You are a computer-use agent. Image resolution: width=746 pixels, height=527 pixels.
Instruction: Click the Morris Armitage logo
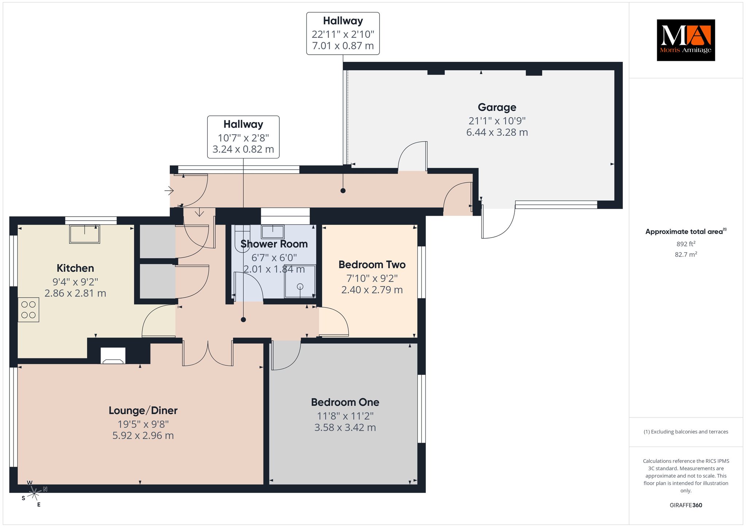coord(686,40)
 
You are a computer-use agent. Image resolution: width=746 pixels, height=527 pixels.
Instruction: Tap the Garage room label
coord(497,107)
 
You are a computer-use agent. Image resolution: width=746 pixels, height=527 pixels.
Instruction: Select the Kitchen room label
coord(75,268)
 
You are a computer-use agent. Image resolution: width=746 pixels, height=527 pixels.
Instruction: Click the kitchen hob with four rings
coord(28,310)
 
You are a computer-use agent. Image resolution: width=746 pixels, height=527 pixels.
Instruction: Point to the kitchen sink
coord(85,234)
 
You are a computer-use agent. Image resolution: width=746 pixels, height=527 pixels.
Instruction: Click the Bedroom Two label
coord(372,265)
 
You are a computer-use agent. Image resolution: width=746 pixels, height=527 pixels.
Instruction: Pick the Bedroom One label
coord(345,402)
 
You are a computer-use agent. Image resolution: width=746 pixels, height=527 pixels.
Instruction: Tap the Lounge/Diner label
coord(143,411)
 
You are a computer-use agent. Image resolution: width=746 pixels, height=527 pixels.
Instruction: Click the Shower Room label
coord(274,244)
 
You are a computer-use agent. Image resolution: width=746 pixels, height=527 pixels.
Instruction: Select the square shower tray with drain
coord(300,281)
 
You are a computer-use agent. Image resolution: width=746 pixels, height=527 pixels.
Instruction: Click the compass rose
coord(34,493)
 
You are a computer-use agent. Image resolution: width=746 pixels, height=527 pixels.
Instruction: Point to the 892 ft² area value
coord(686,244)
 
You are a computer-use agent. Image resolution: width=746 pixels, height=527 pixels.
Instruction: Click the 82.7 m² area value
coord(686,254)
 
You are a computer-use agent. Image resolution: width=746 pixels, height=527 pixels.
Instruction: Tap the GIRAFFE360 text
coord(686,505)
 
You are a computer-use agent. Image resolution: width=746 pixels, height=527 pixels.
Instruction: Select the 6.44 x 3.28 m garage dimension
coord(497,132)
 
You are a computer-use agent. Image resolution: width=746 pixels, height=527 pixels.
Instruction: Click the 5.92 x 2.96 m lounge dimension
coord(143,436)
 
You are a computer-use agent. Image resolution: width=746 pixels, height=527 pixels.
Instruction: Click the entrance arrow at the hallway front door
coord(169,190)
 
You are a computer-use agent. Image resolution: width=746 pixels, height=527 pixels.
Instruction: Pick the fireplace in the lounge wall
coord(113,356)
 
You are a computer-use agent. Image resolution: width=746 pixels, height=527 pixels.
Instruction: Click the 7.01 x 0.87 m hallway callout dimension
coord(343,46)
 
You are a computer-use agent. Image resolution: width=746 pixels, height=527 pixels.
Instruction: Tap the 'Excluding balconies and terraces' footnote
coord(686,432)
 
